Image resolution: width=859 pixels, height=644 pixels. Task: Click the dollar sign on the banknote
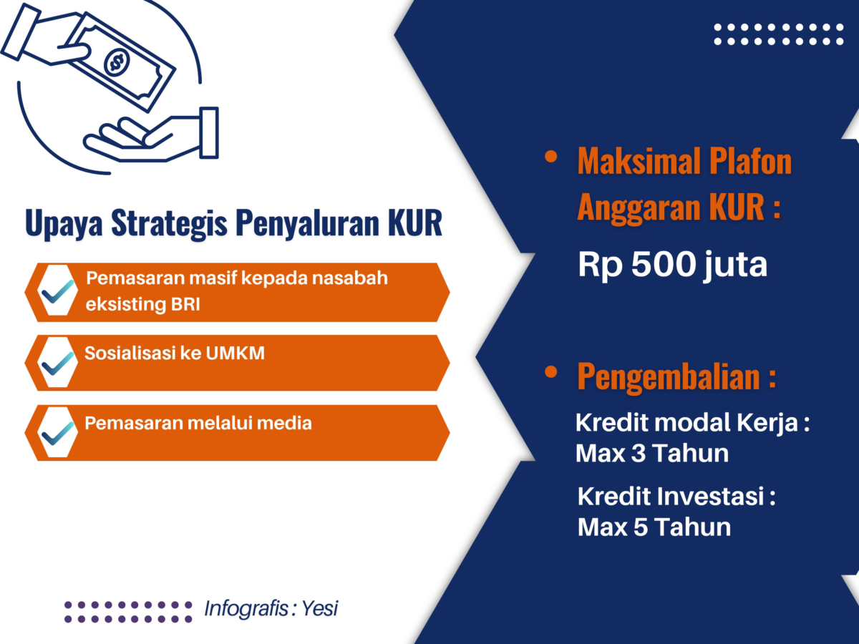click(116, 62)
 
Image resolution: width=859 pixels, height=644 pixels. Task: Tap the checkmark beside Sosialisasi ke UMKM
click(57, 363)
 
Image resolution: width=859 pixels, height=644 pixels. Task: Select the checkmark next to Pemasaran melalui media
click(57, 433)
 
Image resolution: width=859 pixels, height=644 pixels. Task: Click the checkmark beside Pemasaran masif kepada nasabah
click(57, 292)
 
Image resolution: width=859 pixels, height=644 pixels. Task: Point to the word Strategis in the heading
click(169, 224)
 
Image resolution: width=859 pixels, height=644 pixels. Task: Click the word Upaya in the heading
click(64, 224)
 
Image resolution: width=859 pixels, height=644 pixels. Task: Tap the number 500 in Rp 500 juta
click(663, 265)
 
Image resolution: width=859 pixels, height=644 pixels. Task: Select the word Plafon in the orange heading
click(751, 162)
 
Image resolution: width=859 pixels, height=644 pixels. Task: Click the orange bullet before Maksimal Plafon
click(550, 157)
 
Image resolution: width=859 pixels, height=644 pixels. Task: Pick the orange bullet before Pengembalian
click(550, 372)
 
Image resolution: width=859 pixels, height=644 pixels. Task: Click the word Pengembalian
click(669, 377)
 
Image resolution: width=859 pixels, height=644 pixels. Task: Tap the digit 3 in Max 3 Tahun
click(639, 454)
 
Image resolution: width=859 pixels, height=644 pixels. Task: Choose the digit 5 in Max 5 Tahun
click(641, 527)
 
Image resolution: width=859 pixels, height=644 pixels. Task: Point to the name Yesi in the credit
click(320, 608)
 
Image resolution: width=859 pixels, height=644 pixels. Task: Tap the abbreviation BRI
click(185, 304)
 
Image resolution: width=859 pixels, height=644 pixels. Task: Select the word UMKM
click(236, 353)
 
